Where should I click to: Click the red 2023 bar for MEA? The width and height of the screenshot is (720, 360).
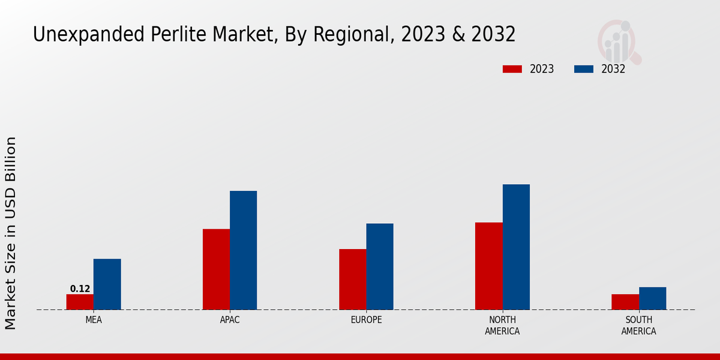point(80,302)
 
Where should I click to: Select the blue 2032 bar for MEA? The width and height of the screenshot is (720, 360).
point(107,284)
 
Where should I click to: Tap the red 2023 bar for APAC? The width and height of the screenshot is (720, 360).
point(216,269)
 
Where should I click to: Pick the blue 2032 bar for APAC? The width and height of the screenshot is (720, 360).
point(243,250)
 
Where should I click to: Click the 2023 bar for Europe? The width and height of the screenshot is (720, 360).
point(352,280)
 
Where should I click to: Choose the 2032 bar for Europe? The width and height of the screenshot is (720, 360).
point(380,266)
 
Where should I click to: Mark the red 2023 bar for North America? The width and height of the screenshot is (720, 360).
point(488,266)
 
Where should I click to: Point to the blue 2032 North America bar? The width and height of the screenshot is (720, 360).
point(516,247)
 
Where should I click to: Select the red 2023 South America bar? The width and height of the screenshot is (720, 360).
point(625,302)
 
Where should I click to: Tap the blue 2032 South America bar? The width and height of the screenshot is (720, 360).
point(652,298)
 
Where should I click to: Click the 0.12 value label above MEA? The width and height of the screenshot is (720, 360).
point(80,289)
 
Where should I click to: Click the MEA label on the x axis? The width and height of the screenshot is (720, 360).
point(94,320)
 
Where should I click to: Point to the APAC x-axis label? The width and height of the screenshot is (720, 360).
point(230,320)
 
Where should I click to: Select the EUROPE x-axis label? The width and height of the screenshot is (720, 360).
point(366,320)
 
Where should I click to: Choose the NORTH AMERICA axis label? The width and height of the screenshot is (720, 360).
point(502,325)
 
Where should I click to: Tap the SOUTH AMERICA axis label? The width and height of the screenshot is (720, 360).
point(638,325)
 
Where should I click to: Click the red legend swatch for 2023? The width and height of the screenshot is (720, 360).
point(512,69)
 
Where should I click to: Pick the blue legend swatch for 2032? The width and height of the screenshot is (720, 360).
point(584,69)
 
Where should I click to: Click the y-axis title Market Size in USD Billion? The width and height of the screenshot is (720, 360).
point(11,233)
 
